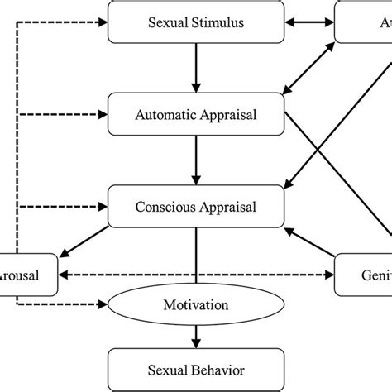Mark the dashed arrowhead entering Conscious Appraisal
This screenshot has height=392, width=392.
tap(103, 206)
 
